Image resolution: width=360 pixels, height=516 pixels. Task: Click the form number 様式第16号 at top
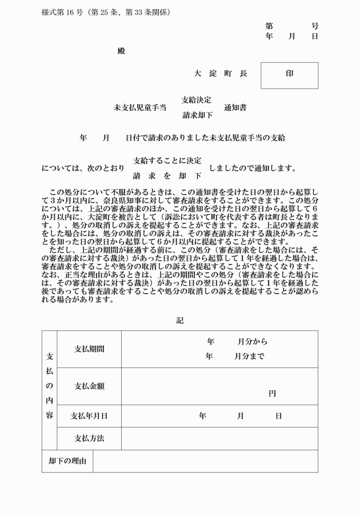[62, 12]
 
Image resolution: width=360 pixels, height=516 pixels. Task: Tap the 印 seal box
[289, 75]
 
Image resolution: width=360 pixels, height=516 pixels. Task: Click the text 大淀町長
[220, 74]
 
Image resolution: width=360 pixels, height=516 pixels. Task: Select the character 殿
[121, 51]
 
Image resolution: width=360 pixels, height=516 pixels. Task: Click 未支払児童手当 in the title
[140, 107]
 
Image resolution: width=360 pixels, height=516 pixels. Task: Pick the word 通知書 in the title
[235, 107]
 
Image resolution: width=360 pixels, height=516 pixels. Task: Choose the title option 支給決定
[197, 100]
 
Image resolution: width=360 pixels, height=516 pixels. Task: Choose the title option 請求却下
[197, 115]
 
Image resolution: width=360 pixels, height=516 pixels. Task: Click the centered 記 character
[180, 321]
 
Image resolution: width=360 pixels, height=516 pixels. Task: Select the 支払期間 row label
[89, 349]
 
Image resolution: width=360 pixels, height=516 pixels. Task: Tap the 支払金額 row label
[89, 386]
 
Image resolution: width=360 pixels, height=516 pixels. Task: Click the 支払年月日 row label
[89, 416]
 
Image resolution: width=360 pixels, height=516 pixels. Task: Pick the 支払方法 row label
[89, 439]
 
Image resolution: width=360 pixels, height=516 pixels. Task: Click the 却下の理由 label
[67, 461]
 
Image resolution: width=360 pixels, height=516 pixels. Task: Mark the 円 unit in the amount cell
[273, 394]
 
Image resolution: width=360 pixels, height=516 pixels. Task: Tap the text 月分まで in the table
[250, 357]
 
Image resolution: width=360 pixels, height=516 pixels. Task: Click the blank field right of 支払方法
[219, 439]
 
